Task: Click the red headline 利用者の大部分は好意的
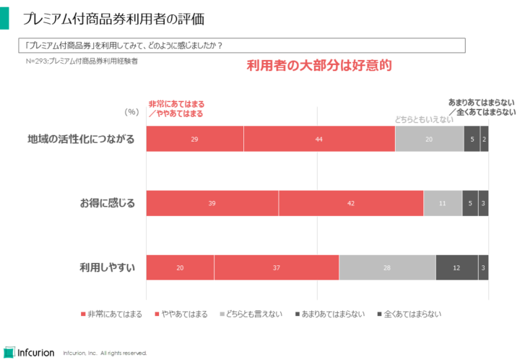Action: click(318, 66)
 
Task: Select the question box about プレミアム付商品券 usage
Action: click(241, 46)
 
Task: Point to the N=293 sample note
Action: click(82, 62)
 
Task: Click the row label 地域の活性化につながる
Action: click(81, 139)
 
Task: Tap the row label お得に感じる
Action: click(107, 203)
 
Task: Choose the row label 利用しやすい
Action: click(107, 267)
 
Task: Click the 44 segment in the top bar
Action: click(319, 139)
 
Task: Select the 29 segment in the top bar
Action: click(195, 139)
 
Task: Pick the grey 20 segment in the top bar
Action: click(429, 139)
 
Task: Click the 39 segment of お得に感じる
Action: click(212, 203)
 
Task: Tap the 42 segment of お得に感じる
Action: click(351, 203)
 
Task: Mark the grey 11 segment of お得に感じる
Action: click(443, 203)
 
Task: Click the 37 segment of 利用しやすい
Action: click(277, 267)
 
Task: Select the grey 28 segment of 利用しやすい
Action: click(387, 267)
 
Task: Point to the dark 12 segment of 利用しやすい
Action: click(456, 267)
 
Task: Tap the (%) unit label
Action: click(131, 112)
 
